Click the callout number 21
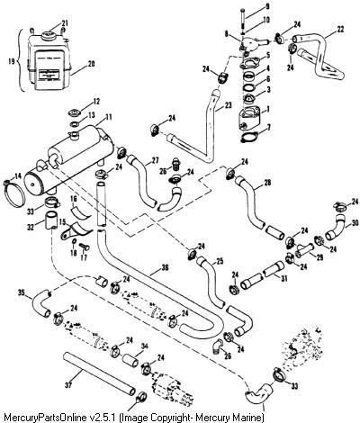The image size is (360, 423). [x=65, y=22]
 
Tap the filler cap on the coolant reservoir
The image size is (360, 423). [x=48, y=36]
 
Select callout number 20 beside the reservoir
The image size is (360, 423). [x=91, y=64]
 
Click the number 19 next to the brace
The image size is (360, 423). [x=12, y=61]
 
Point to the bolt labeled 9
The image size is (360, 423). [x=242, y=19]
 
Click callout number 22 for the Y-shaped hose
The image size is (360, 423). [x=340, y=30]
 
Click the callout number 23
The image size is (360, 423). [x=229, y=105]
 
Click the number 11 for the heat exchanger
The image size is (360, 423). [x=108, y=116]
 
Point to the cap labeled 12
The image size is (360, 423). [x=74, y=113]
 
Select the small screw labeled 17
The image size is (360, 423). [x=84, y=247]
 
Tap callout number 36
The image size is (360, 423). [x=165, y=267]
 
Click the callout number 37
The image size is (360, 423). [x=68, y=385]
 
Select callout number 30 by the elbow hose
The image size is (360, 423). [x=355, y=223]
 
